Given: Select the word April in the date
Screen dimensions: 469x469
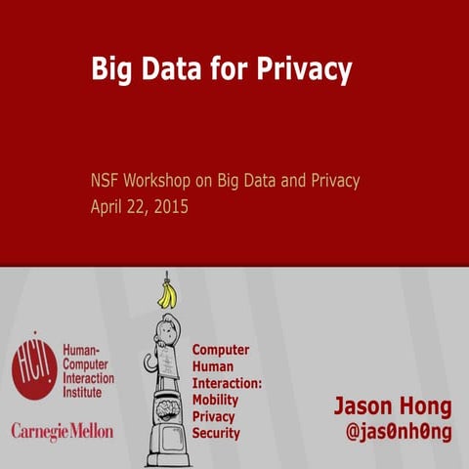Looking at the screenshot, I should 108,206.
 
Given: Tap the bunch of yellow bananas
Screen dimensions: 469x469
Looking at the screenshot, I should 168,293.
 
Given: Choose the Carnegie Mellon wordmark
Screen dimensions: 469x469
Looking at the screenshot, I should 62,430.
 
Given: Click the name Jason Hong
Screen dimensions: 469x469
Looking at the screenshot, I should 393,405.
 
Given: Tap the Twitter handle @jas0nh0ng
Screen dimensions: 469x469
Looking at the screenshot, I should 400,430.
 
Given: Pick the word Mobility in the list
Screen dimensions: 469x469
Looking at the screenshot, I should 215,400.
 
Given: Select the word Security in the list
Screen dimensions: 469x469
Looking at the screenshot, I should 216,432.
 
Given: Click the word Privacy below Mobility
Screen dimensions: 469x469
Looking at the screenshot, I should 214,416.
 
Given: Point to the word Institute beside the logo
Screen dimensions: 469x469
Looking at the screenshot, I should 84,392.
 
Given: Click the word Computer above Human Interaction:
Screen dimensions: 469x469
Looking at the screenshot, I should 220,350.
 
